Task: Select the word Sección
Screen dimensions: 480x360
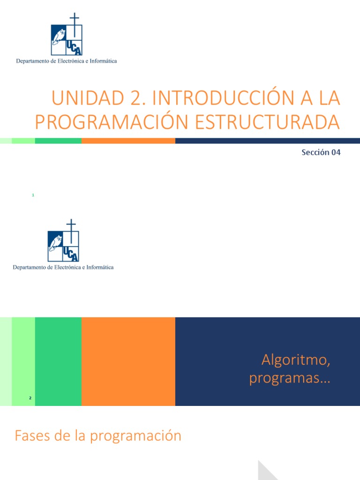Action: click(x=315, y=152)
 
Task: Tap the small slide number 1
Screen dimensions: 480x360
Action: click(x=33, y=195)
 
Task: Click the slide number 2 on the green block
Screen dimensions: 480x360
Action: click(x=30, y=398)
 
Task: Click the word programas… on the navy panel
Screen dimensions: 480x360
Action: click(x=290, y=378)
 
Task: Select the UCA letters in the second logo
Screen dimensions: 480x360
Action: click(x=71, y=253)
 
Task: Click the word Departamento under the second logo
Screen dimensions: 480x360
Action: click(x=30, y=267)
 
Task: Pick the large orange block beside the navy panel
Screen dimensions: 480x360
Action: click(x=128, y=361)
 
